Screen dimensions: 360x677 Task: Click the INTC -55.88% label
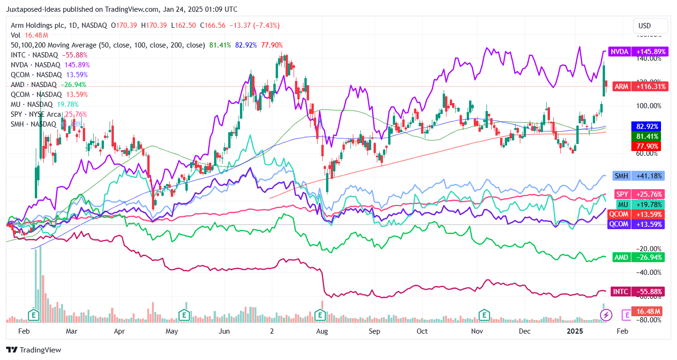637,292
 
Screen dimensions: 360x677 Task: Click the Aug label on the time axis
322,331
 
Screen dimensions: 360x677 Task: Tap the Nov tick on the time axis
478,331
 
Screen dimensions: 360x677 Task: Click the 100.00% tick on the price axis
649,106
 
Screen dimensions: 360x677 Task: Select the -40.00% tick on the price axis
649,272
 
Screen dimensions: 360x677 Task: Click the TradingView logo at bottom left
33,350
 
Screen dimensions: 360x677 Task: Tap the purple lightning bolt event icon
606,315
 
